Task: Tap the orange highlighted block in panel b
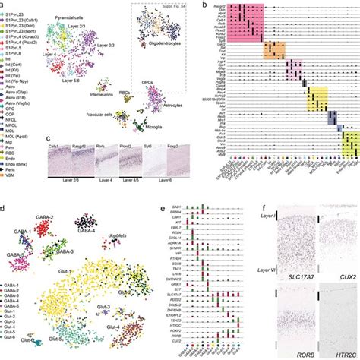pos(273,51)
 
